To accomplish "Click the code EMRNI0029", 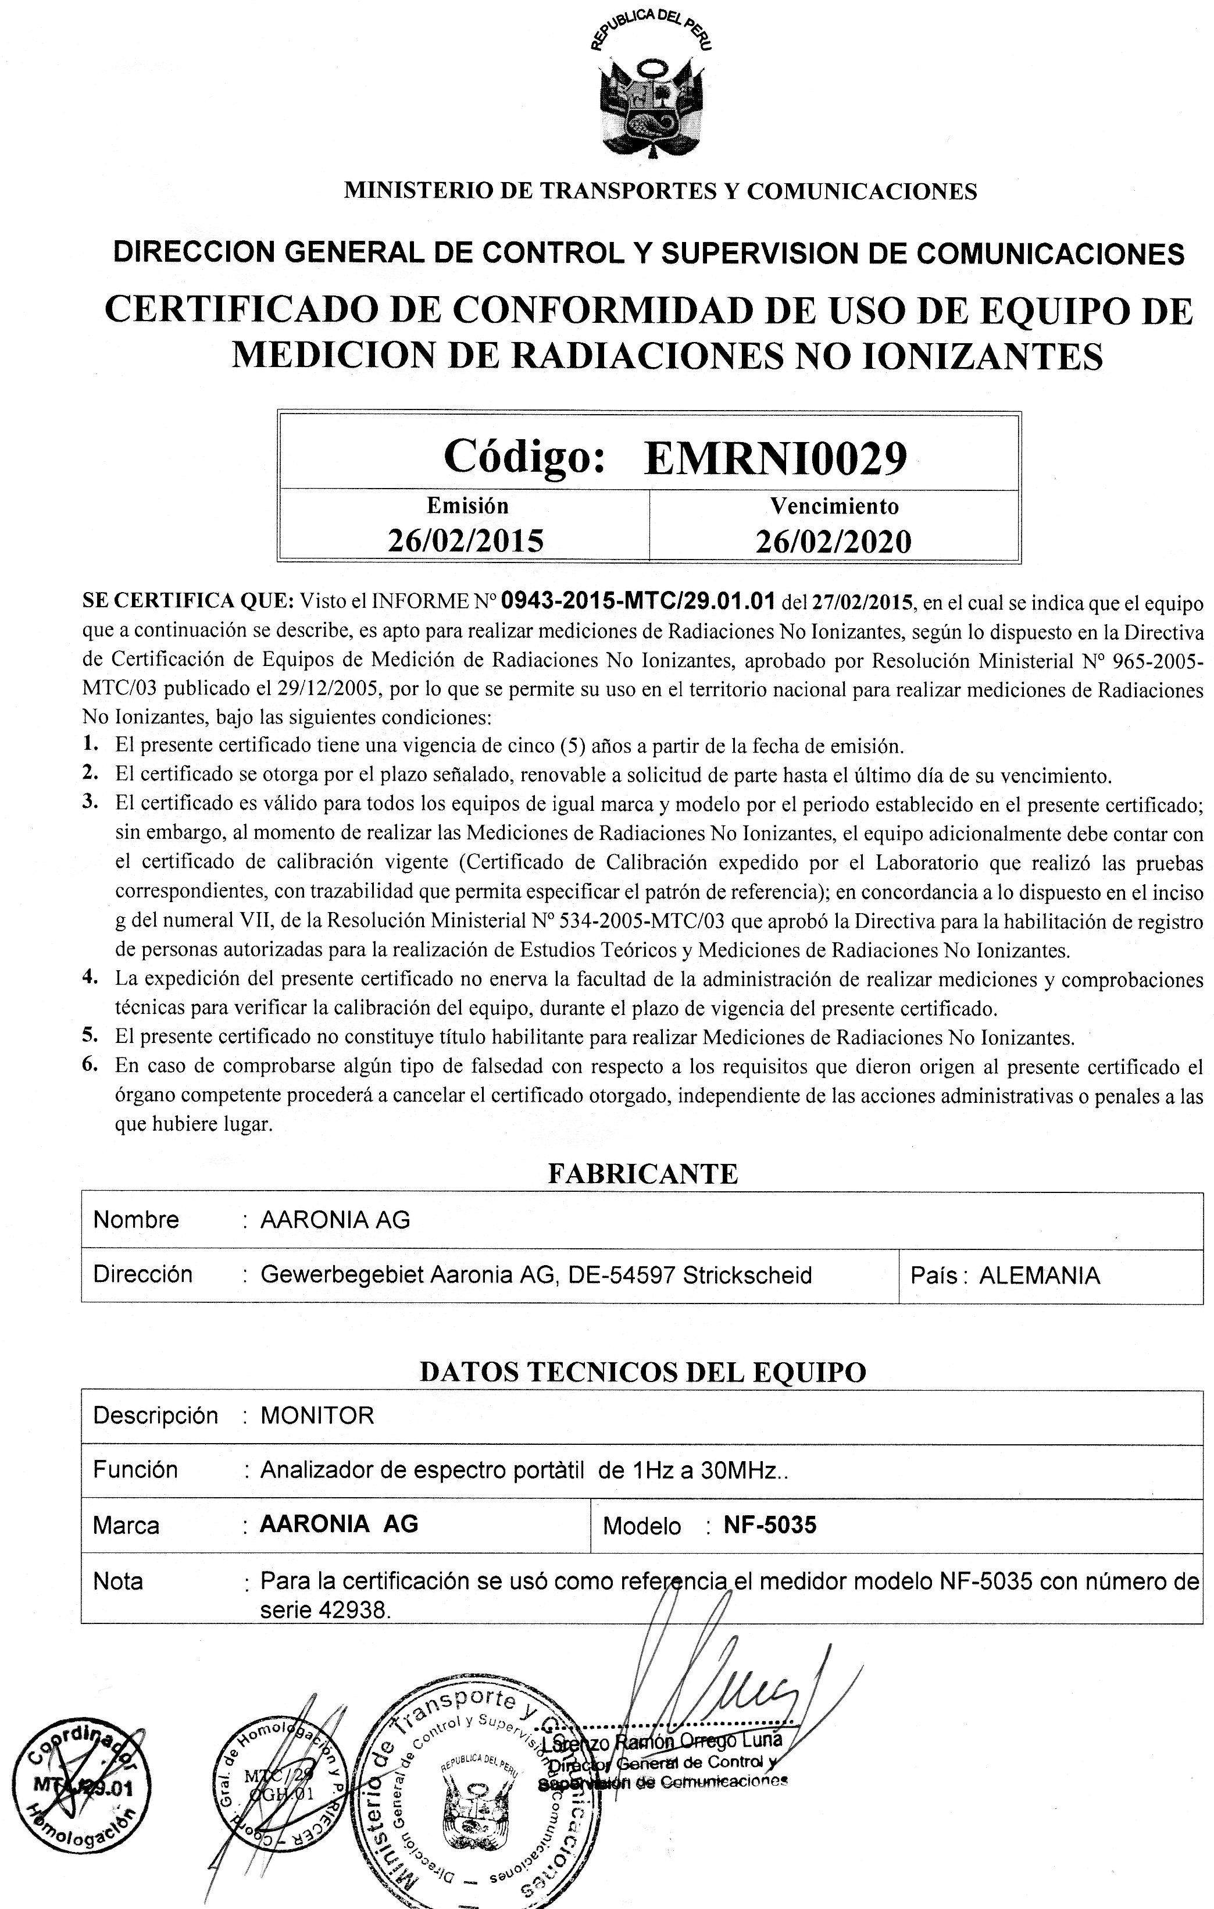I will [x=775, y=457].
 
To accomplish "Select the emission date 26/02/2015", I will [x=465, y=541].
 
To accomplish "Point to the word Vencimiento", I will [x=834, y=506].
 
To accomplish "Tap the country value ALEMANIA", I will [x=1040, y=1276].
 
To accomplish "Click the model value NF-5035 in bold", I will [x=769, y=1525].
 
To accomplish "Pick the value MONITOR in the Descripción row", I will [x=317, y=1416].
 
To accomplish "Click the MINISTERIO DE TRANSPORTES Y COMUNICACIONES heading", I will [x=659, y=191].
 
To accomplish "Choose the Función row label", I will [x=135, y=1470].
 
